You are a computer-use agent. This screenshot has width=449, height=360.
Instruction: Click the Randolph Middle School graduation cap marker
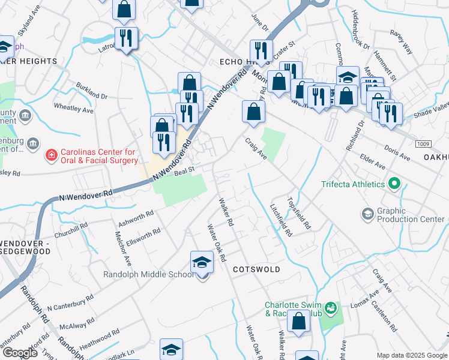point(202,262)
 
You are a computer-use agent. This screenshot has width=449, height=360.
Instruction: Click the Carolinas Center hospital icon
point(52,155)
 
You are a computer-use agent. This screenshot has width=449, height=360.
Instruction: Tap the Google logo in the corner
point(19,353)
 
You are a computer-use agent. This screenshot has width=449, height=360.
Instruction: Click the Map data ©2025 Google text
point(412,355)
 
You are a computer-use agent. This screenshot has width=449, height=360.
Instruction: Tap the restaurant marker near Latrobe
point(126,38)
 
